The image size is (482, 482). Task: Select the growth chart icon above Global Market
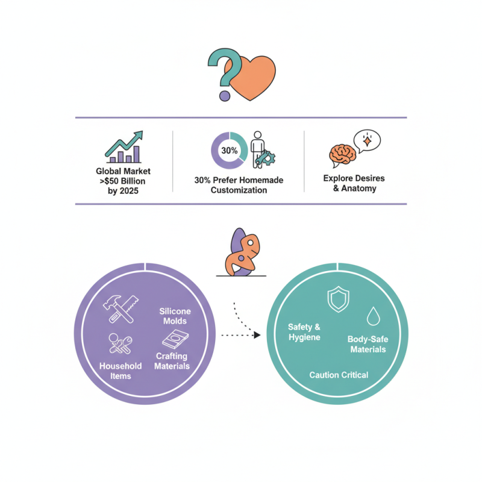point(124,148)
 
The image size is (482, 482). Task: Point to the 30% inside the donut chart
point(229,150)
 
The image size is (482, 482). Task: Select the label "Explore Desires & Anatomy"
point(354,183)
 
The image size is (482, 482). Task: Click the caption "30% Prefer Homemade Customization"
point(239,185)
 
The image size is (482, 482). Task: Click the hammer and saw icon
point(120,306)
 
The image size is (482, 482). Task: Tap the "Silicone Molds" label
point(175,316)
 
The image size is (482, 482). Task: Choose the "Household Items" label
point(120,371)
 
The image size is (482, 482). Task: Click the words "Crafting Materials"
point(172,361)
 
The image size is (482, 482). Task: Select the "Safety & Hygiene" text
point(304,332)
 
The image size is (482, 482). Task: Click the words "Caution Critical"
point(339,375)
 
